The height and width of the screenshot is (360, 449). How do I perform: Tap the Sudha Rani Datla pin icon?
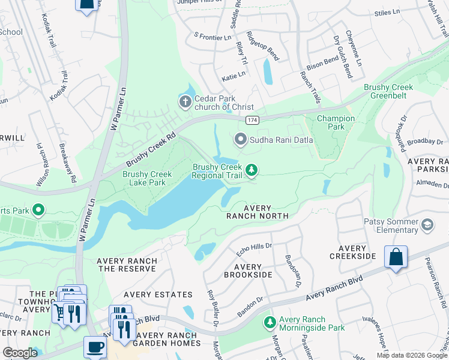(241, 140)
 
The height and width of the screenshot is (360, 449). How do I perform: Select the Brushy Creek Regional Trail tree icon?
(252, 171)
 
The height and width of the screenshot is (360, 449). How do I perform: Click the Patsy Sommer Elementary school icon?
(427, 225)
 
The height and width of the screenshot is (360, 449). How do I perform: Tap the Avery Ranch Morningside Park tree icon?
(270, 323)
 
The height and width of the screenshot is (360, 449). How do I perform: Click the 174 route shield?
(252, 120)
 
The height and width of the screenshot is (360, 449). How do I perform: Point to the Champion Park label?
(336, 122)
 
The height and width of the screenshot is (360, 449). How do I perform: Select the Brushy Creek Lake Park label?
(147, 178)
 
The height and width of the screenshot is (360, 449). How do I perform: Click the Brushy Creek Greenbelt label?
(388, 91)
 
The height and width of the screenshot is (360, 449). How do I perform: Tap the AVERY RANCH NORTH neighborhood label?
(257, 211)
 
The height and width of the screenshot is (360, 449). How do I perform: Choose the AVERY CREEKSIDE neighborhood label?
(352, 252)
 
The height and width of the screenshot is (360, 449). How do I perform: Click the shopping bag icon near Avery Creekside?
(396, 257)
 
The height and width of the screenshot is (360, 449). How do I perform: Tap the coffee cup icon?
(95, 347)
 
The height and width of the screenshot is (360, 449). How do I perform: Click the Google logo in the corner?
(20, 353)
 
